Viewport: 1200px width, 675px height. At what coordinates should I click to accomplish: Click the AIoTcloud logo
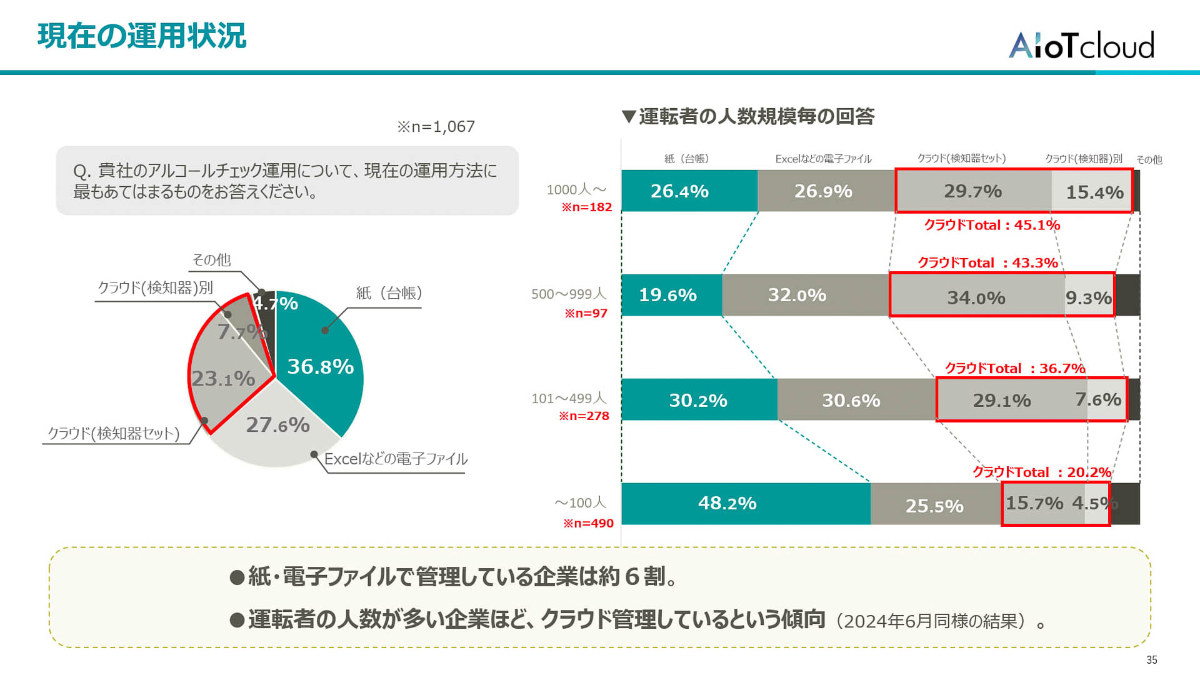pos(1081,45)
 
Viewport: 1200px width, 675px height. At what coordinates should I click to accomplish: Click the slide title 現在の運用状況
pos(142,36)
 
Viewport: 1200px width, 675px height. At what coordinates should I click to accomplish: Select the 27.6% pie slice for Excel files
pos(277,425)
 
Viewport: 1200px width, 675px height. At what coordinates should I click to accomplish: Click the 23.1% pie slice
pos(222,379)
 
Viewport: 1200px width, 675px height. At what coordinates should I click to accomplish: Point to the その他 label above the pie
pos(211,259)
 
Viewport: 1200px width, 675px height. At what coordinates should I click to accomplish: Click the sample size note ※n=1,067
pos(436,127)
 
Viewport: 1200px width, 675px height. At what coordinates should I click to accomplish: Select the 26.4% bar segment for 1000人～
pos(679,191)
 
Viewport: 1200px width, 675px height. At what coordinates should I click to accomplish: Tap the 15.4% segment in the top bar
pos(1094,192)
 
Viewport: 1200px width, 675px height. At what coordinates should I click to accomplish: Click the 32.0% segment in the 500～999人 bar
pos(797,295)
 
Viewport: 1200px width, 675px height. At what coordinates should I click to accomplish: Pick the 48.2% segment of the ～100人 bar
pos(727,504)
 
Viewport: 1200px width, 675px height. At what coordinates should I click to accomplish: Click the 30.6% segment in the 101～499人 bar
pos(851,400)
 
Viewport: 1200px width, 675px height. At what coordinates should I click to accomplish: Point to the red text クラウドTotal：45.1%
pos(992,225)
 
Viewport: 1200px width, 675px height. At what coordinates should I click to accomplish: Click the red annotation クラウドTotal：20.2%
pos(1041,472)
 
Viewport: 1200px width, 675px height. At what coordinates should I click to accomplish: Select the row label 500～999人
pos(569,294)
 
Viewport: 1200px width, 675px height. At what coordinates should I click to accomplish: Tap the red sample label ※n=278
pos(584,416)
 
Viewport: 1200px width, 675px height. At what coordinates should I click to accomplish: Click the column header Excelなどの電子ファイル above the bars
pos(823,159)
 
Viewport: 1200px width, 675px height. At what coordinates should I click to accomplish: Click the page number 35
pos(1151,660)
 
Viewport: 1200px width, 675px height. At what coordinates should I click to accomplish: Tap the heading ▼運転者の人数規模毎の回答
pos(748,116)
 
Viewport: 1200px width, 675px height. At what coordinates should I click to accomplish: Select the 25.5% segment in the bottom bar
pos(934,506)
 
